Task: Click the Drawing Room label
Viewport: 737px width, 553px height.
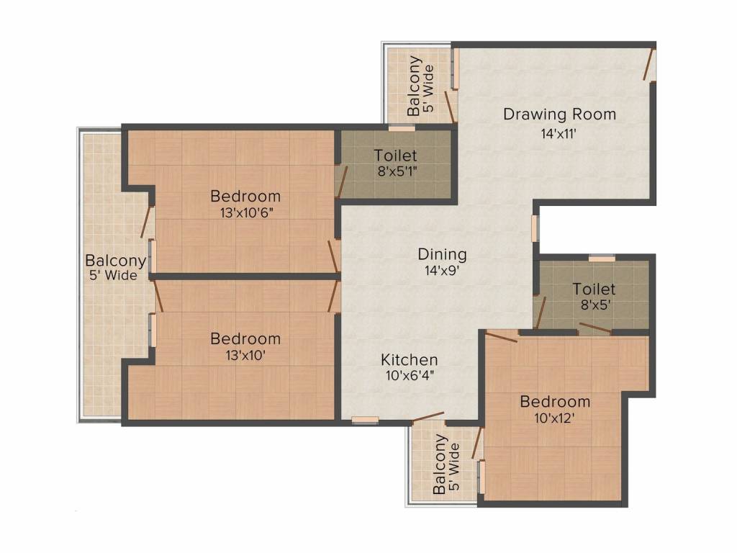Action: [x=559, y=114]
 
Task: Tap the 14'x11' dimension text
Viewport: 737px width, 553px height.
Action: [x=559, y=133]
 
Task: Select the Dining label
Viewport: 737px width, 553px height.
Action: [x=442, y=254]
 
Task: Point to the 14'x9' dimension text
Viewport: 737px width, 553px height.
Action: [x=442, y=271]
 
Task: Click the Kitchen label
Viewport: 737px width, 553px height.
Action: [x=409, y=359]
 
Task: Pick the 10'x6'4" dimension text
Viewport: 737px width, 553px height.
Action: [x=409, y=375]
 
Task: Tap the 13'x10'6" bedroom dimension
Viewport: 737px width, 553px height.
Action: [x=245, y=212]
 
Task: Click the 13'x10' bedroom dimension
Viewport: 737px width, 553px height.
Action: [x=245, y=355]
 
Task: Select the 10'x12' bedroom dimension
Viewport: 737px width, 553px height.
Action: [x=555, y=418]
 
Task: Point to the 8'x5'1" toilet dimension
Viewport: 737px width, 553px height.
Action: [x=395, y=172]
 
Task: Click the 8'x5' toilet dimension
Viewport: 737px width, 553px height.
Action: [x=594, y=305]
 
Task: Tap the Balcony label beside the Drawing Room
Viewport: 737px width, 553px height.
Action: [x=414, y=86]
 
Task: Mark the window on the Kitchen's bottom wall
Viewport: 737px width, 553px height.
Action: [x=365, y=421]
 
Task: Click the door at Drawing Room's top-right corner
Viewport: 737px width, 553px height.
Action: [x=649, y=64]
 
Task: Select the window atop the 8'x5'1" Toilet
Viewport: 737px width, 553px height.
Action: [x=401, y=128]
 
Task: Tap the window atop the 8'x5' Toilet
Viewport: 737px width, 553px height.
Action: [x=601, y=258]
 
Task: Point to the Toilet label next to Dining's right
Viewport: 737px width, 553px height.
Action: [x=594, y=289]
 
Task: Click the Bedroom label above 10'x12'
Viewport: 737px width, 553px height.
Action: [x=555, y=402]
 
